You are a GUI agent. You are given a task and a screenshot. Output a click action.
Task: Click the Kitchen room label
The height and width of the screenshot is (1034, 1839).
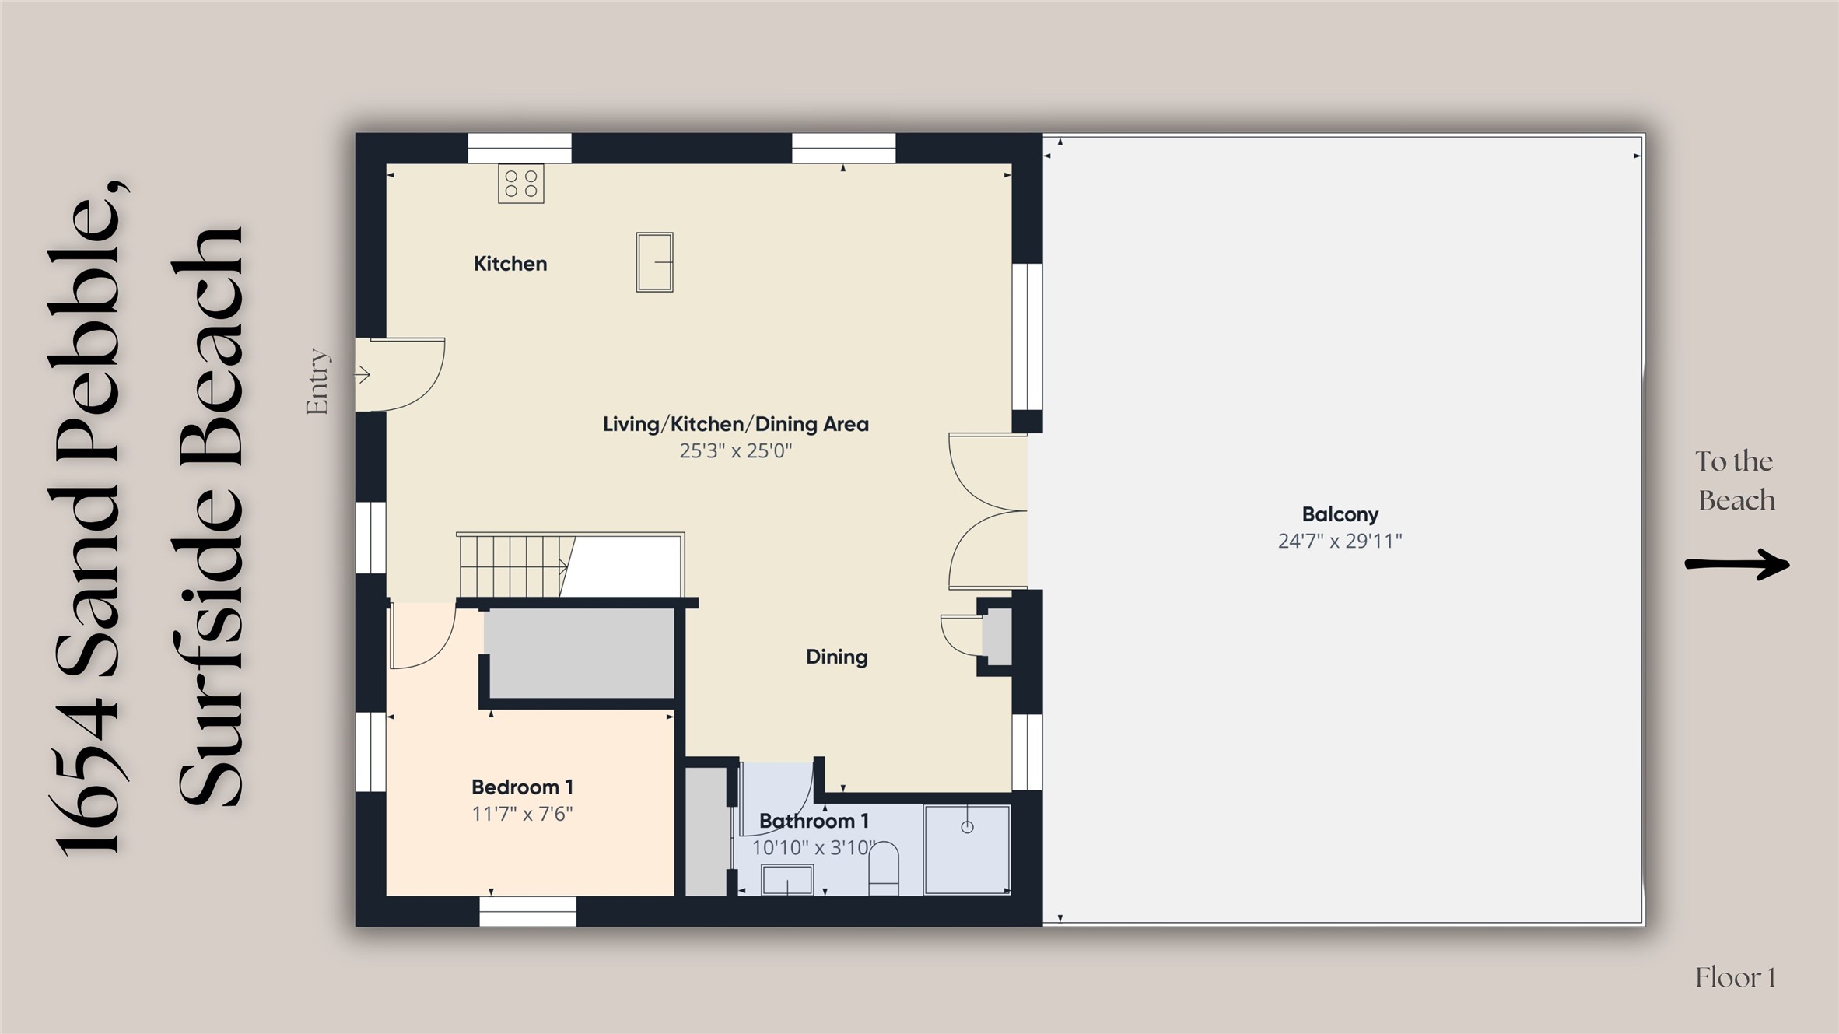point(510,264)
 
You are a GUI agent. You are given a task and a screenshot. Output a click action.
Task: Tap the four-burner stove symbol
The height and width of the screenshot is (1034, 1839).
point(521,184)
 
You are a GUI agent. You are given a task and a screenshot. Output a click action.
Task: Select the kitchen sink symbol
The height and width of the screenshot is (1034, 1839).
point(654,262)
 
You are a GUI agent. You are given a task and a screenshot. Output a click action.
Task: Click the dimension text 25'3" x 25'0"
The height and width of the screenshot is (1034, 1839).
point(736,450)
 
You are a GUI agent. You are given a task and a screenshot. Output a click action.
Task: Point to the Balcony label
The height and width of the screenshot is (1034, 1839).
point(1340,514)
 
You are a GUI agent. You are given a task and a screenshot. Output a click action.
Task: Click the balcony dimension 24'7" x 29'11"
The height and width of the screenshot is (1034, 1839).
point(1340,541)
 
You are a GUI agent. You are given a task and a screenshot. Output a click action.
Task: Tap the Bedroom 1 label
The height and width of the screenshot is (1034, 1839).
point(522,787)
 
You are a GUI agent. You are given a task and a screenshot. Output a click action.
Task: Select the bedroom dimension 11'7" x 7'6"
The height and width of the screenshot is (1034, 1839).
point(522,814)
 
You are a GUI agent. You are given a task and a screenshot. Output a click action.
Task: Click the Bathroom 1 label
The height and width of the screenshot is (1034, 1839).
point(814,821)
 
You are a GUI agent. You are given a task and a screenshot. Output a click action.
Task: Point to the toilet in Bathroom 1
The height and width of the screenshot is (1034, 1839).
point(883,868)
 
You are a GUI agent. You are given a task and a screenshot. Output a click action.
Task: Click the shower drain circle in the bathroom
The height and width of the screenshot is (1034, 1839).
point(967,827)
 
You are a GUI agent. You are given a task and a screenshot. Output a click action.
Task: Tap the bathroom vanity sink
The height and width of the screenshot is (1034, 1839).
point(787,881)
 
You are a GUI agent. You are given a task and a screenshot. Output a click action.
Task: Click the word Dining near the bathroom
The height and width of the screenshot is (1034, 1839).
point(836,657)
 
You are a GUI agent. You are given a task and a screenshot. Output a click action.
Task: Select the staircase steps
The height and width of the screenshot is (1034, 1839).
point(511,566)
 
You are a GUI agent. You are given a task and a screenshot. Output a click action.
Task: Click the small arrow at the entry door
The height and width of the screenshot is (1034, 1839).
point(363,375)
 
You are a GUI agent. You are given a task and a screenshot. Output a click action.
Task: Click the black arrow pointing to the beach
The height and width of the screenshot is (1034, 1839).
point(1737,564)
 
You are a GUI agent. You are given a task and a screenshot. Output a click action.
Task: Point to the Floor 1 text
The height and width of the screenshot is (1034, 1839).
point(1736,978)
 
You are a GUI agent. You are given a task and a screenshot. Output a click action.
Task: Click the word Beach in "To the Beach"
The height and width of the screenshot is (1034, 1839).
point(1736,500)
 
